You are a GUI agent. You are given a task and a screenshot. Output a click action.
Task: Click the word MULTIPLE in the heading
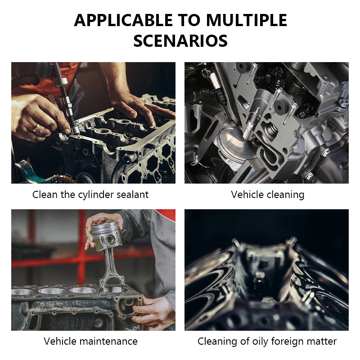[247, 20]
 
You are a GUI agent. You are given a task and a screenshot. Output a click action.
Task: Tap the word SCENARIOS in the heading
[180, 41]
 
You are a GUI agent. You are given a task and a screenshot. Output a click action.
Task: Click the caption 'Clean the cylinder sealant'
[90, 194]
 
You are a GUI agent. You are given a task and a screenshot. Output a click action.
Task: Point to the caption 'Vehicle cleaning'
[268, 194]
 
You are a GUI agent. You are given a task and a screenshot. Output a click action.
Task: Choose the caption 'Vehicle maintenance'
[90, 341]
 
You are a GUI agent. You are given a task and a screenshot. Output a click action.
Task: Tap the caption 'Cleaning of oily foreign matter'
[267, 341]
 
